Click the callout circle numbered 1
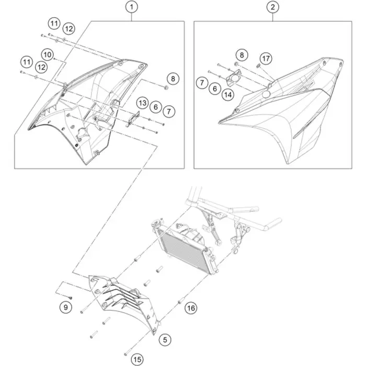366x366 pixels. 132,7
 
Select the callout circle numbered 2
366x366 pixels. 273,7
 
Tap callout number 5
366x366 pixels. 165,340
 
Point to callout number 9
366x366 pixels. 65,307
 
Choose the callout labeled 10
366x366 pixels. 48,55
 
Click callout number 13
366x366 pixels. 143,103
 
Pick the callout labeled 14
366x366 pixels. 228,95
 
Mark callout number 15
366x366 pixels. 137,359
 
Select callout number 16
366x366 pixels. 191,308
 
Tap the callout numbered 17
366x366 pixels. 266,59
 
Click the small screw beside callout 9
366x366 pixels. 71,298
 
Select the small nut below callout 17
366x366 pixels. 258,66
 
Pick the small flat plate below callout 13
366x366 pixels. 133,119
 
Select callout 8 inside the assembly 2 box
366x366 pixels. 242,55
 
